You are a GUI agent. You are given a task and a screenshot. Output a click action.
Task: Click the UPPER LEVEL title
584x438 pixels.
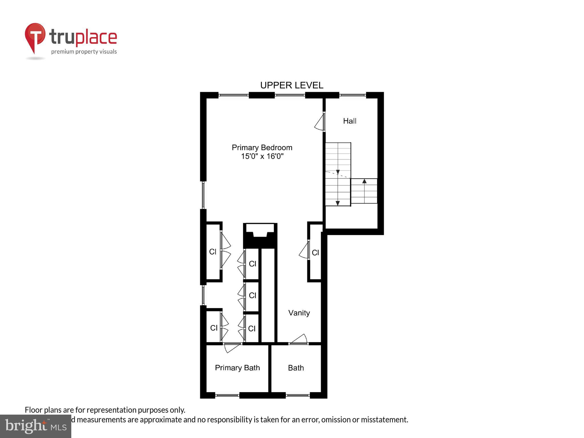click(x=291, y=85)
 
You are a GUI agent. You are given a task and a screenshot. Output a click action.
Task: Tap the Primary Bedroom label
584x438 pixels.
click(x=262, y=147)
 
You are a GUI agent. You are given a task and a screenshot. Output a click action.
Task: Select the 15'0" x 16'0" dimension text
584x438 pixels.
click(x=262, y=156)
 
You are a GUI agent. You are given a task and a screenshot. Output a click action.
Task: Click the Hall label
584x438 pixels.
click(x=350, y=121)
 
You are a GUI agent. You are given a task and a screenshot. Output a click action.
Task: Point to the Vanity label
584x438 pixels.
click(x=299, y=313)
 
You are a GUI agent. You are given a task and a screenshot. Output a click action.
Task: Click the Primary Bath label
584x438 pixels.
click(x=237, y=368)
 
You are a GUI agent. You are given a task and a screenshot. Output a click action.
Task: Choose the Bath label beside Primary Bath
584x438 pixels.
click(x=296, y=368)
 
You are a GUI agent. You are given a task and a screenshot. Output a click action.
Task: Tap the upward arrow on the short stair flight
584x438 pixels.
click(x=364, y=181)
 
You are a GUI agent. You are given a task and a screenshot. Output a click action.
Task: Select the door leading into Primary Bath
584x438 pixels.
click(x=232, y=347)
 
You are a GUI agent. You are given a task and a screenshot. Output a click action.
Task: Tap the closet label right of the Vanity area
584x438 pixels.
click(x=315, y=252)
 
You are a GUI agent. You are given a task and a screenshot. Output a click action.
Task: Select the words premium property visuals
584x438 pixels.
click(x=84, y=52)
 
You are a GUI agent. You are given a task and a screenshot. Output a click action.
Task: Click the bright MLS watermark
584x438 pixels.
click(x=36, y=426)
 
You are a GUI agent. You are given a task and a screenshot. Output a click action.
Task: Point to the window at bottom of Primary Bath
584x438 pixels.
click(x=227, y=395)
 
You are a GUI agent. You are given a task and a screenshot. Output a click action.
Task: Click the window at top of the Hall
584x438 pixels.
click(x=352, y=95)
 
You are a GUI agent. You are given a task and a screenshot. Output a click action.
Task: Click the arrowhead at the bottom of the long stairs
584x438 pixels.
click(x=338, y=203)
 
